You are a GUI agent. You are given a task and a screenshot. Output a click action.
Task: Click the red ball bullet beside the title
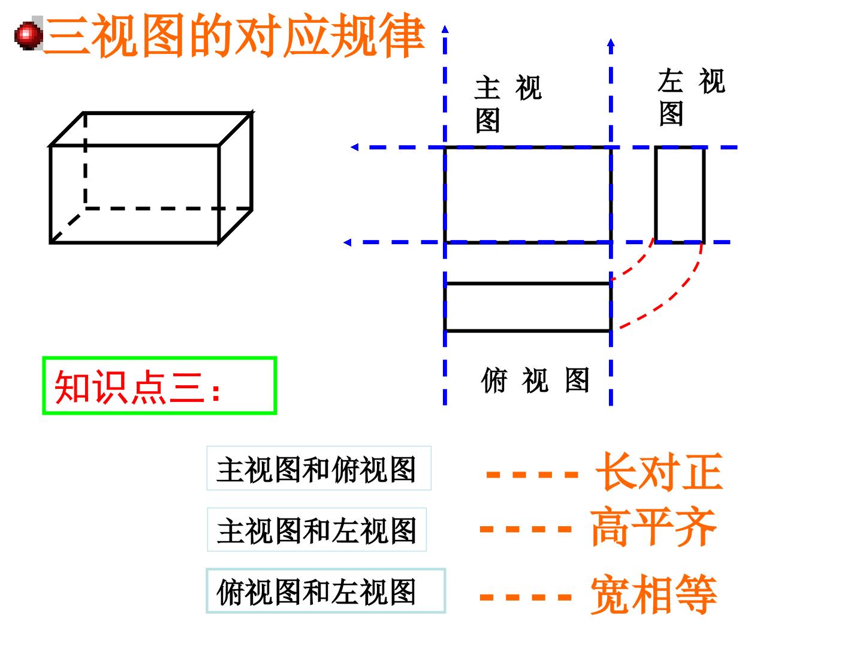[x=28, y=36]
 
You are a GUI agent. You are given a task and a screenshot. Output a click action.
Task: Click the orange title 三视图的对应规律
[x=235, y=35]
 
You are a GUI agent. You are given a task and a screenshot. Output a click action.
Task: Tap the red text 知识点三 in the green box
[x=129, y=387]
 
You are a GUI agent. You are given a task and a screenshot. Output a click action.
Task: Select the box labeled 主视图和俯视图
[x=319, y=468]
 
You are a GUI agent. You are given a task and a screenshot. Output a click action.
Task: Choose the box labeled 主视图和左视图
[x=317, y=530]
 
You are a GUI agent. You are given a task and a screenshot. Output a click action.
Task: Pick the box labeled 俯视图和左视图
[x=326, y=591]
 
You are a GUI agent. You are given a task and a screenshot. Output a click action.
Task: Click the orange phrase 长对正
[x=659, y=472]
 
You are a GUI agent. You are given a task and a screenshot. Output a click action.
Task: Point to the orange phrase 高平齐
[x=653, y=527]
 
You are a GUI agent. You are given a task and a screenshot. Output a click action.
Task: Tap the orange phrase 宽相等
[x=653, y=594]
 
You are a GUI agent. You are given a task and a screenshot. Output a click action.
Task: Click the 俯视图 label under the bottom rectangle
[x=535, y=380]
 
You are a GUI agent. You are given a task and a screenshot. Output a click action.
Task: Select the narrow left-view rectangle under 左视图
[x=680, y=195]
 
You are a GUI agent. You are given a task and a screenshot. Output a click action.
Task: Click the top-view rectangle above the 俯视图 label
[x=528, y=307]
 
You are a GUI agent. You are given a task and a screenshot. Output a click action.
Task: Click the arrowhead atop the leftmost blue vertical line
[x=445, y=29]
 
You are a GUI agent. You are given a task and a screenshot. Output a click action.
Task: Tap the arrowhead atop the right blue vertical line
[x=611, y=43]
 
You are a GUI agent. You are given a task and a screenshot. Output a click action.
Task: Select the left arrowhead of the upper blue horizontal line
[x=355, y=147]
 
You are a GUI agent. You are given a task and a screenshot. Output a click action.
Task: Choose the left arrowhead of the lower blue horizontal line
[x=348, y=242]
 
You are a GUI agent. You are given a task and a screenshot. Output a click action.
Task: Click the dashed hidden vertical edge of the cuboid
[x=85, y=161]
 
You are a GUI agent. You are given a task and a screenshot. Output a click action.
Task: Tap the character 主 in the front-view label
[x=487, y=88]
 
